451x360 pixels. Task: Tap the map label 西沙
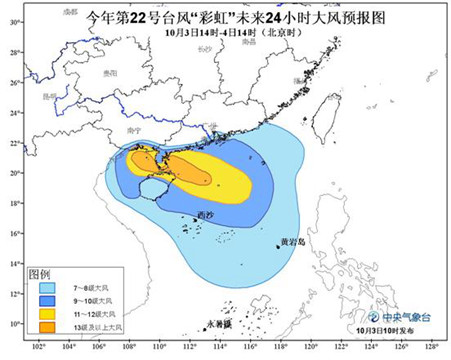(204, 215)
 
